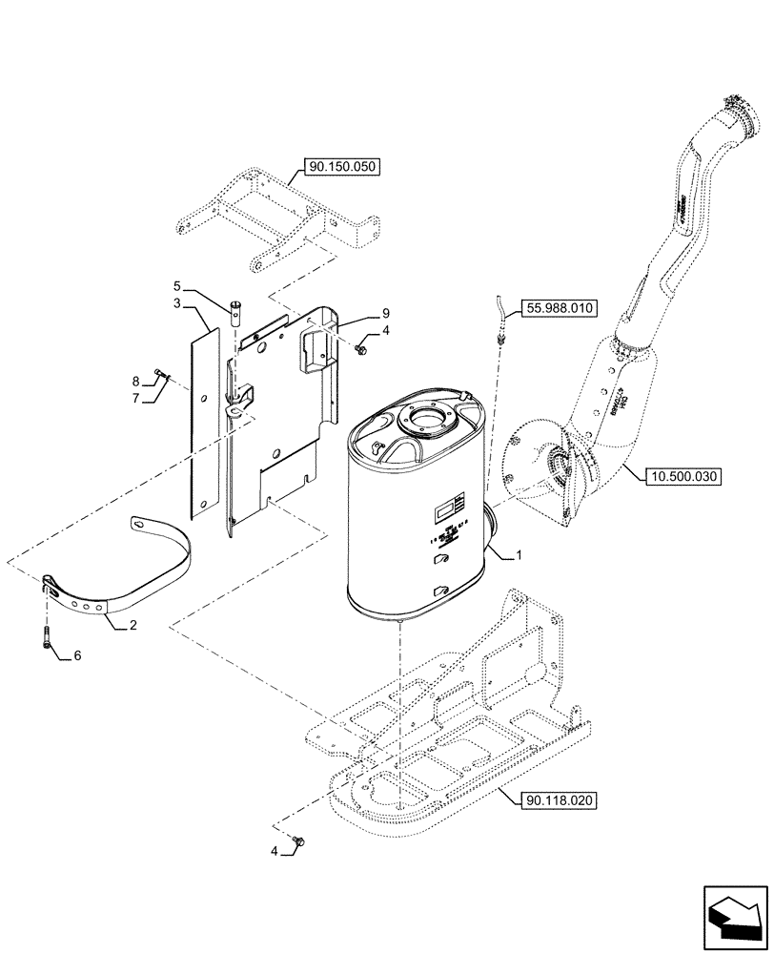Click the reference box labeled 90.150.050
342,167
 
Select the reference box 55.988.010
558,307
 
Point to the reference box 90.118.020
559,801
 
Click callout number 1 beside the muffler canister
519,554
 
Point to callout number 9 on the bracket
386,313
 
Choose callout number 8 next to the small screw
136,380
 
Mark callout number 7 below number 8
136,398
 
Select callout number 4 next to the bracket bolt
386,331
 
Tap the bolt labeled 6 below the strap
47,639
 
